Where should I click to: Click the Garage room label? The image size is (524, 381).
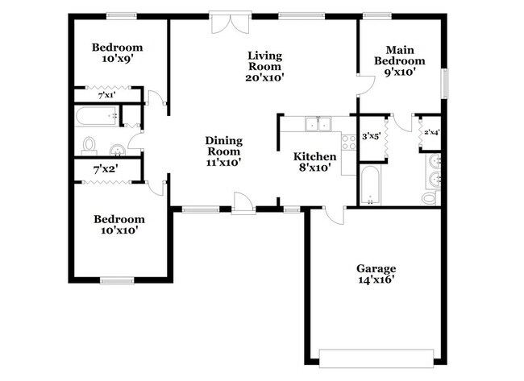click(376, 268)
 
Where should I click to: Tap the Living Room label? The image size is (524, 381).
click(264, 60)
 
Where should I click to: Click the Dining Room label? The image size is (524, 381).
click(224, 146)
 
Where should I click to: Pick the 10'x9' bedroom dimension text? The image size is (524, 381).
click(117, 59)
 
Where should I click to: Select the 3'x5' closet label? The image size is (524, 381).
click(371, 137)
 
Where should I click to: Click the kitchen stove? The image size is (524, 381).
click(349, 143)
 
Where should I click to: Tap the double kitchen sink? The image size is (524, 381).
click(319, 124)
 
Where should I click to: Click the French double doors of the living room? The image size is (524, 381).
click(224, 22)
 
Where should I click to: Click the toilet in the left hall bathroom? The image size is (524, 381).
click(89, 145)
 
